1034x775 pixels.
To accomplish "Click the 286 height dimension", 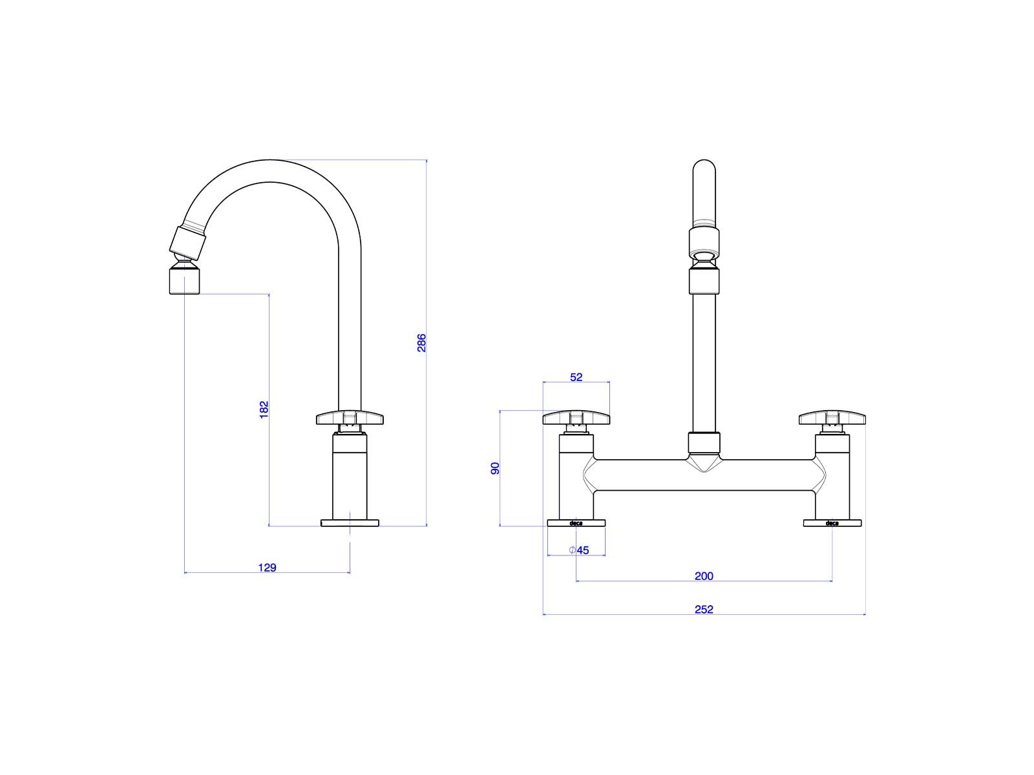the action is tap(421, 342).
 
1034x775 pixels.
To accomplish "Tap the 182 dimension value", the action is tap(264, 409).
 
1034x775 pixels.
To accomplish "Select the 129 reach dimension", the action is tap(267, 568).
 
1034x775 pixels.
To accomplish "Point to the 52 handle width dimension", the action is tap(576, 377).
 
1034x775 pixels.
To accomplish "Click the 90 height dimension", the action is tap(494, 468).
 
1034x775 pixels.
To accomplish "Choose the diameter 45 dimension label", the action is tap(579, 550).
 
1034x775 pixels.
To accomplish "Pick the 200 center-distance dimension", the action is tap(704, 576).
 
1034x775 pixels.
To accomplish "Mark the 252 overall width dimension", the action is tap(704, 610).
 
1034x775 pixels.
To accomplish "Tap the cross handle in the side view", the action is tap(350, 417).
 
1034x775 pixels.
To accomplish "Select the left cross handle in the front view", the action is tap(576, 417).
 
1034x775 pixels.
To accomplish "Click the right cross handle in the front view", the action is tap(832, 417).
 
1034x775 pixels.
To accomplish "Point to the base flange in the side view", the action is tap(350, 522).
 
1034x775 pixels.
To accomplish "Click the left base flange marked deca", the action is tap(576, 522).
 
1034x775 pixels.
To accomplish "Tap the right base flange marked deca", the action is tap(832, 522).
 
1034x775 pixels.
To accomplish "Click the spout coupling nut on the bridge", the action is tap(704, 443).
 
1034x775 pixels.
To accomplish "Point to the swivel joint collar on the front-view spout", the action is tap(704, 240).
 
